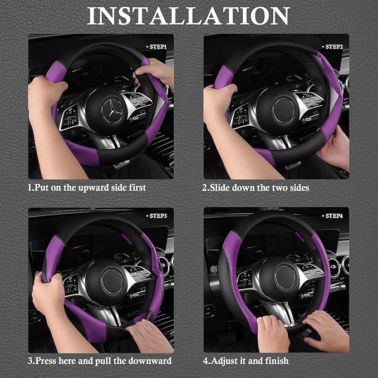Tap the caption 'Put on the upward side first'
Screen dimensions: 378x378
click(x=87, y=188)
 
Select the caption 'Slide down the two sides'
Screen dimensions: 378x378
click(x=256, y=188)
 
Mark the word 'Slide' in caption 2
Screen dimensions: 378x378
click(x=218, y=188)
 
